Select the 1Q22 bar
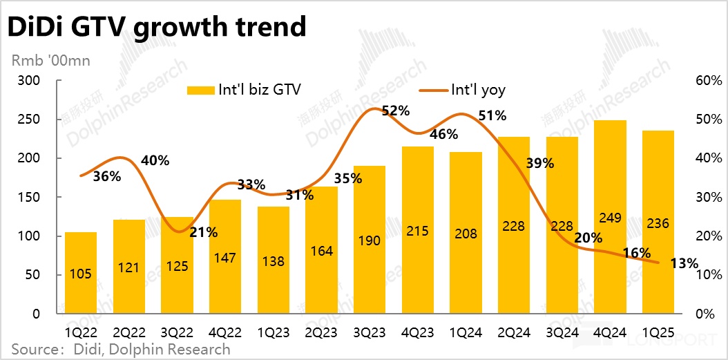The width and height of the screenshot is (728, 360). (x=81, y=273)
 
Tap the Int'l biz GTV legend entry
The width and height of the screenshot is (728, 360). (x=244, y=90)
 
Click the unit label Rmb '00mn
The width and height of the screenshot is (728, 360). (x=51, y=60)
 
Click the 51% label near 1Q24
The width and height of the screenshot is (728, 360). (x=492, y=115)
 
